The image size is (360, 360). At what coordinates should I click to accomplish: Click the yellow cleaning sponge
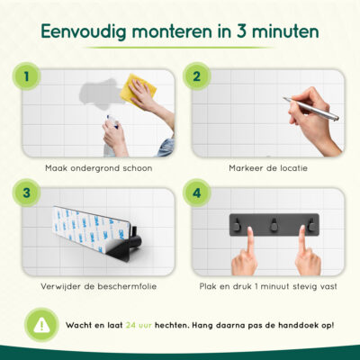point(137,89)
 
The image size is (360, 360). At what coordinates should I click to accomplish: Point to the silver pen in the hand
point(310,108)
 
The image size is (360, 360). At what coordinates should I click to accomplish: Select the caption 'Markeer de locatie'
point(269,166)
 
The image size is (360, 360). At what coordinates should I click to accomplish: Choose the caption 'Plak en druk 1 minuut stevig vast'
point(269,285)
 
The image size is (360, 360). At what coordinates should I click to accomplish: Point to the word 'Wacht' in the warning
point(78,323)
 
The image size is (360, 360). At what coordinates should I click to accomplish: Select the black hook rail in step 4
point(269,221)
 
